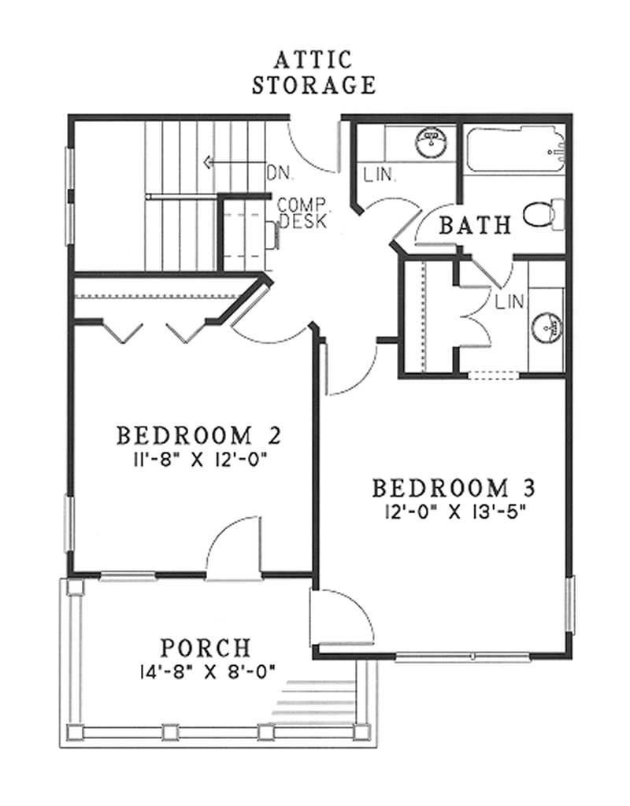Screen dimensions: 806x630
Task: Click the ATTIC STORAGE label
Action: [x=313, y=72]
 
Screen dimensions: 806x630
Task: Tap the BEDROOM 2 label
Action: [x=198, y=434]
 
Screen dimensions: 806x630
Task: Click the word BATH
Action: [x=475, y=226]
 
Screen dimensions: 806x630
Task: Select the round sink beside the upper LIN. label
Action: [x=432, y=143]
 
